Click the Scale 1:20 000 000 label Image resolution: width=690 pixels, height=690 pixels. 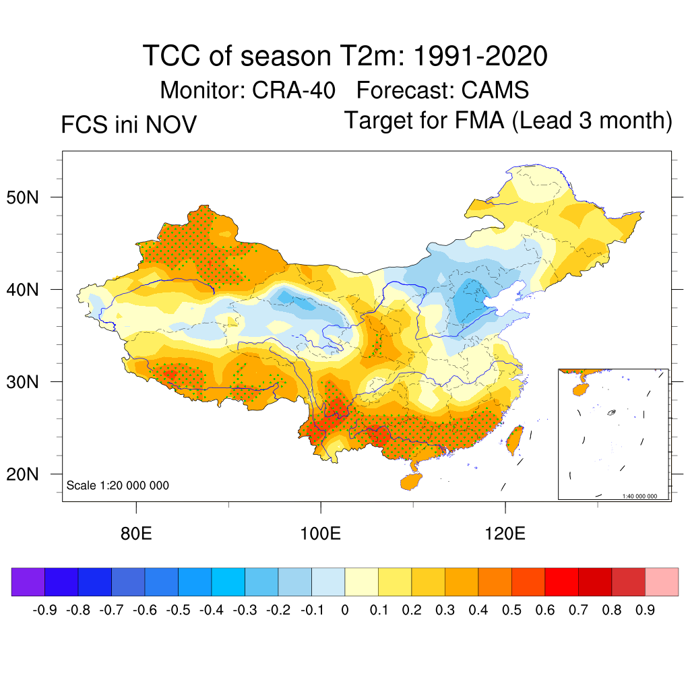(x=118, y=485)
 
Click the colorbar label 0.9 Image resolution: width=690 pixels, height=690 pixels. (x=644, y=610)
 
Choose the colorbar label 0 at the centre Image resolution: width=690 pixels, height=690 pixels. (x=344, y=610)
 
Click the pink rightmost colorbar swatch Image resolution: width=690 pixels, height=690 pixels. (x=662, y=582)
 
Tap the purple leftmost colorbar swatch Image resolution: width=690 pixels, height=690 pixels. (x=28, y=582)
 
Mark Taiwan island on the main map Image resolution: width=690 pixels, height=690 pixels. (x=515, y=439)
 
